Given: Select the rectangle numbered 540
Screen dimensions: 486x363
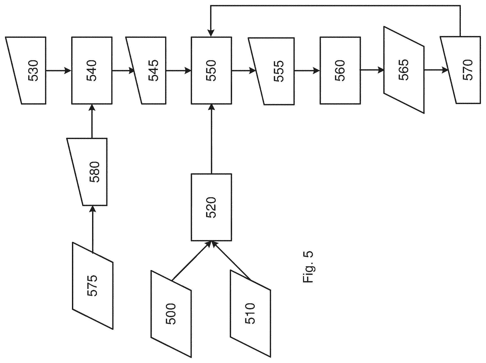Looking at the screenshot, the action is point(92,70).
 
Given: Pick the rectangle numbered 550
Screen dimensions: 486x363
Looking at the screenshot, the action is point(211,70).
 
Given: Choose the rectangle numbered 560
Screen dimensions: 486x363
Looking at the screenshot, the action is point(340,70).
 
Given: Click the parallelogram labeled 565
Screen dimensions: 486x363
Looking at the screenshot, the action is point(404,70).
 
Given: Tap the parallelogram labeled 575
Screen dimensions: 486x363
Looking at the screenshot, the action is point(93,286).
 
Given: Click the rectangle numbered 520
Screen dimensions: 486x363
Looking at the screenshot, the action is point(211,207).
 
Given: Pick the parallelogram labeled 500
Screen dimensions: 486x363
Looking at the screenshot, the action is point(171,314).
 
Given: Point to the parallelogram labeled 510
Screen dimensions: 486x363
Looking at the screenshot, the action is point(250,314).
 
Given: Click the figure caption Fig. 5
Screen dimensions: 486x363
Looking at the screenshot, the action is point(308,267).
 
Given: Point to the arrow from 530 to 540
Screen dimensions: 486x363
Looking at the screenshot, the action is point(59,70).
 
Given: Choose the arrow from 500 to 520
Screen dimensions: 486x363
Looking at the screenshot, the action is point(191,261).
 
